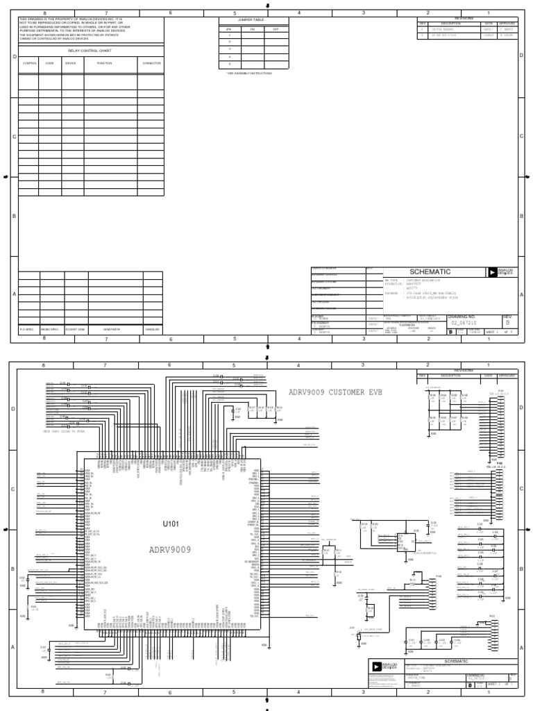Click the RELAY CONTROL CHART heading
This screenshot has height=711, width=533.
coord(90,51)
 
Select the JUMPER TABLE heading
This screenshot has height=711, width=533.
coord(252,21)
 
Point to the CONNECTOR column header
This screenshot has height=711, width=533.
coord(152,63)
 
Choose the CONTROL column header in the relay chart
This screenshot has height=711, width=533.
coord(29,63)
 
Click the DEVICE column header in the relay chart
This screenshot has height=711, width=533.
coord(71,63)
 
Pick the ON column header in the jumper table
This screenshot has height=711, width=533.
coord(253,29)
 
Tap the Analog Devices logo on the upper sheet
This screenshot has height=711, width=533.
coord(500,272)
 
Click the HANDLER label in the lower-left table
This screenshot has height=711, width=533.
coord(153,328)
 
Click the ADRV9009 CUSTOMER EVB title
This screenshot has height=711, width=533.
coord(335,392)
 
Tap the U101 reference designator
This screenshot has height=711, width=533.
coord(171,523)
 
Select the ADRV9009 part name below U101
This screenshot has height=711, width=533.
coord(170,549)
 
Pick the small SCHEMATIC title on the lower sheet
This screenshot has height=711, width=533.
coord(457,662)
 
